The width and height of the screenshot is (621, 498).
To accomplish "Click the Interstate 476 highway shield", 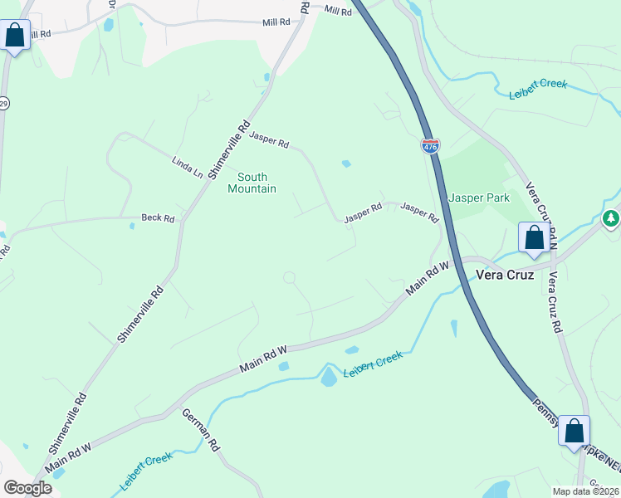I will [x=430, y=146].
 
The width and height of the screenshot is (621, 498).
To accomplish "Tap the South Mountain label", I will [x=252, y=183].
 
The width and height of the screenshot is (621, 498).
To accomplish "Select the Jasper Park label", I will [x=478, y=198].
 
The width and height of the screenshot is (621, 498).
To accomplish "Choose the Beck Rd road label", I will [x=158, y=218].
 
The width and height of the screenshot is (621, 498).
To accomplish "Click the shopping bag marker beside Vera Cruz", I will [x=535, y=237].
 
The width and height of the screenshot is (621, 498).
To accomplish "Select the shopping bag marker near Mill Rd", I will [x=15, y=36].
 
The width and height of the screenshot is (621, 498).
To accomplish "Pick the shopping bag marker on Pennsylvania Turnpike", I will [x=574, y=431].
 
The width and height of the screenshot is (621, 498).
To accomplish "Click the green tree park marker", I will [x=611, y=218].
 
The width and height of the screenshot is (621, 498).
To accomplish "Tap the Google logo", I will [x=27, y=488].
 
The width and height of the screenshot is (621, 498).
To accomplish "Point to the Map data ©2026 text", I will [x=586, y=491].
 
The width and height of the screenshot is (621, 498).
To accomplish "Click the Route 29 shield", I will [x=3, y=103].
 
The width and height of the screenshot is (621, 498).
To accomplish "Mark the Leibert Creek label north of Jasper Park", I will [x=538, y=88].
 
